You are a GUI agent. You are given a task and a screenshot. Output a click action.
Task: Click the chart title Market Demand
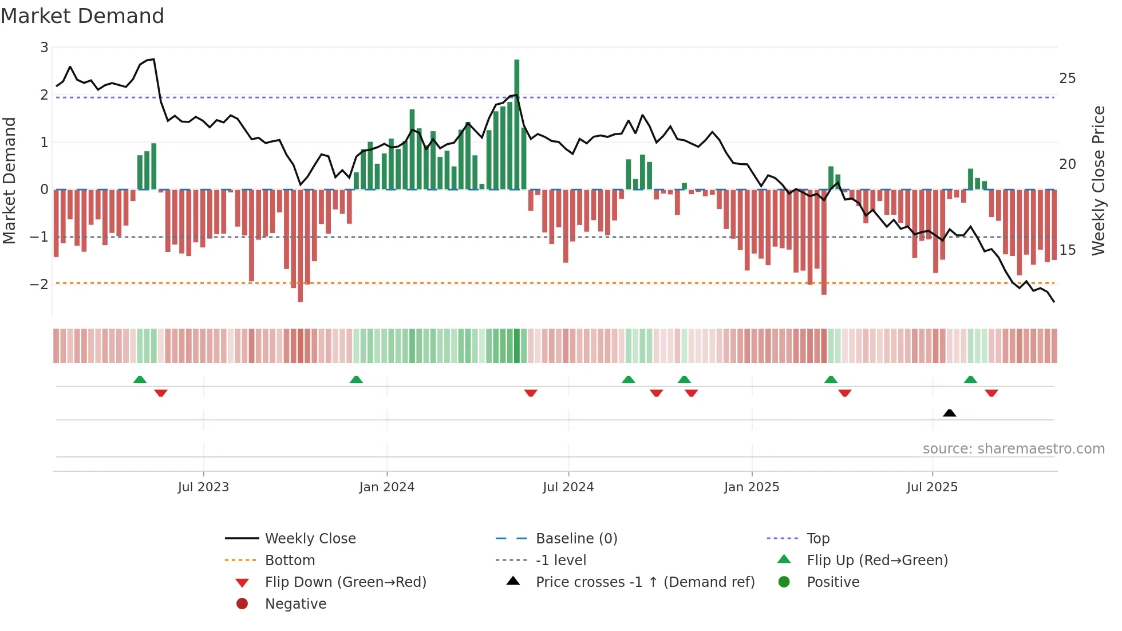(82, 16)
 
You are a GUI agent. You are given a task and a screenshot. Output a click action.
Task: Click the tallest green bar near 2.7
(516, 124)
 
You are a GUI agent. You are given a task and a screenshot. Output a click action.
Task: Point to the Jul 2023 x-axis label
(203, 487)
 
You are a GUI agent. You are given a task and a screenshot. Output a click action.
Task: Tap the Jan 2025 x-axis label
(751, 487)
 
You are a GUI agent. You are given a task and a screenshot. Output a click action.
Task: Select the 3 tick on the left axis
(44, 48)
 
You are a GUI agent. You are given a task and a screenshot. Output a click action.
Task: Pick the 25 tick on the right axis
(1067, 78)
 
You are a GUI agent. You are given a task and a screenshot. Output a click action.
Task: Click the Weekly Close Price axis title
(1098, 180)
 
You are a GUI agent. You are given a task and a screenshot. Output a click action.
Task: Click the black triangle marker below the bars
(949, 413)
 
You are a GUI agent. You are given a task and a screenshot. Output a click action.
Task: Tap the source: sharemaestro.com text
(1013, 449)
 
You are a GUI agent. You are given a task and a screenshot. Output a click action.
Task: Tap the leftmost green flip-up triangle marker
(140, 380)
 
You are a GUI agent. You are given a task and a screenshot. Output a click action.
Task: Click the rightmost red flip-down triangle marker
(991, 393)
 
